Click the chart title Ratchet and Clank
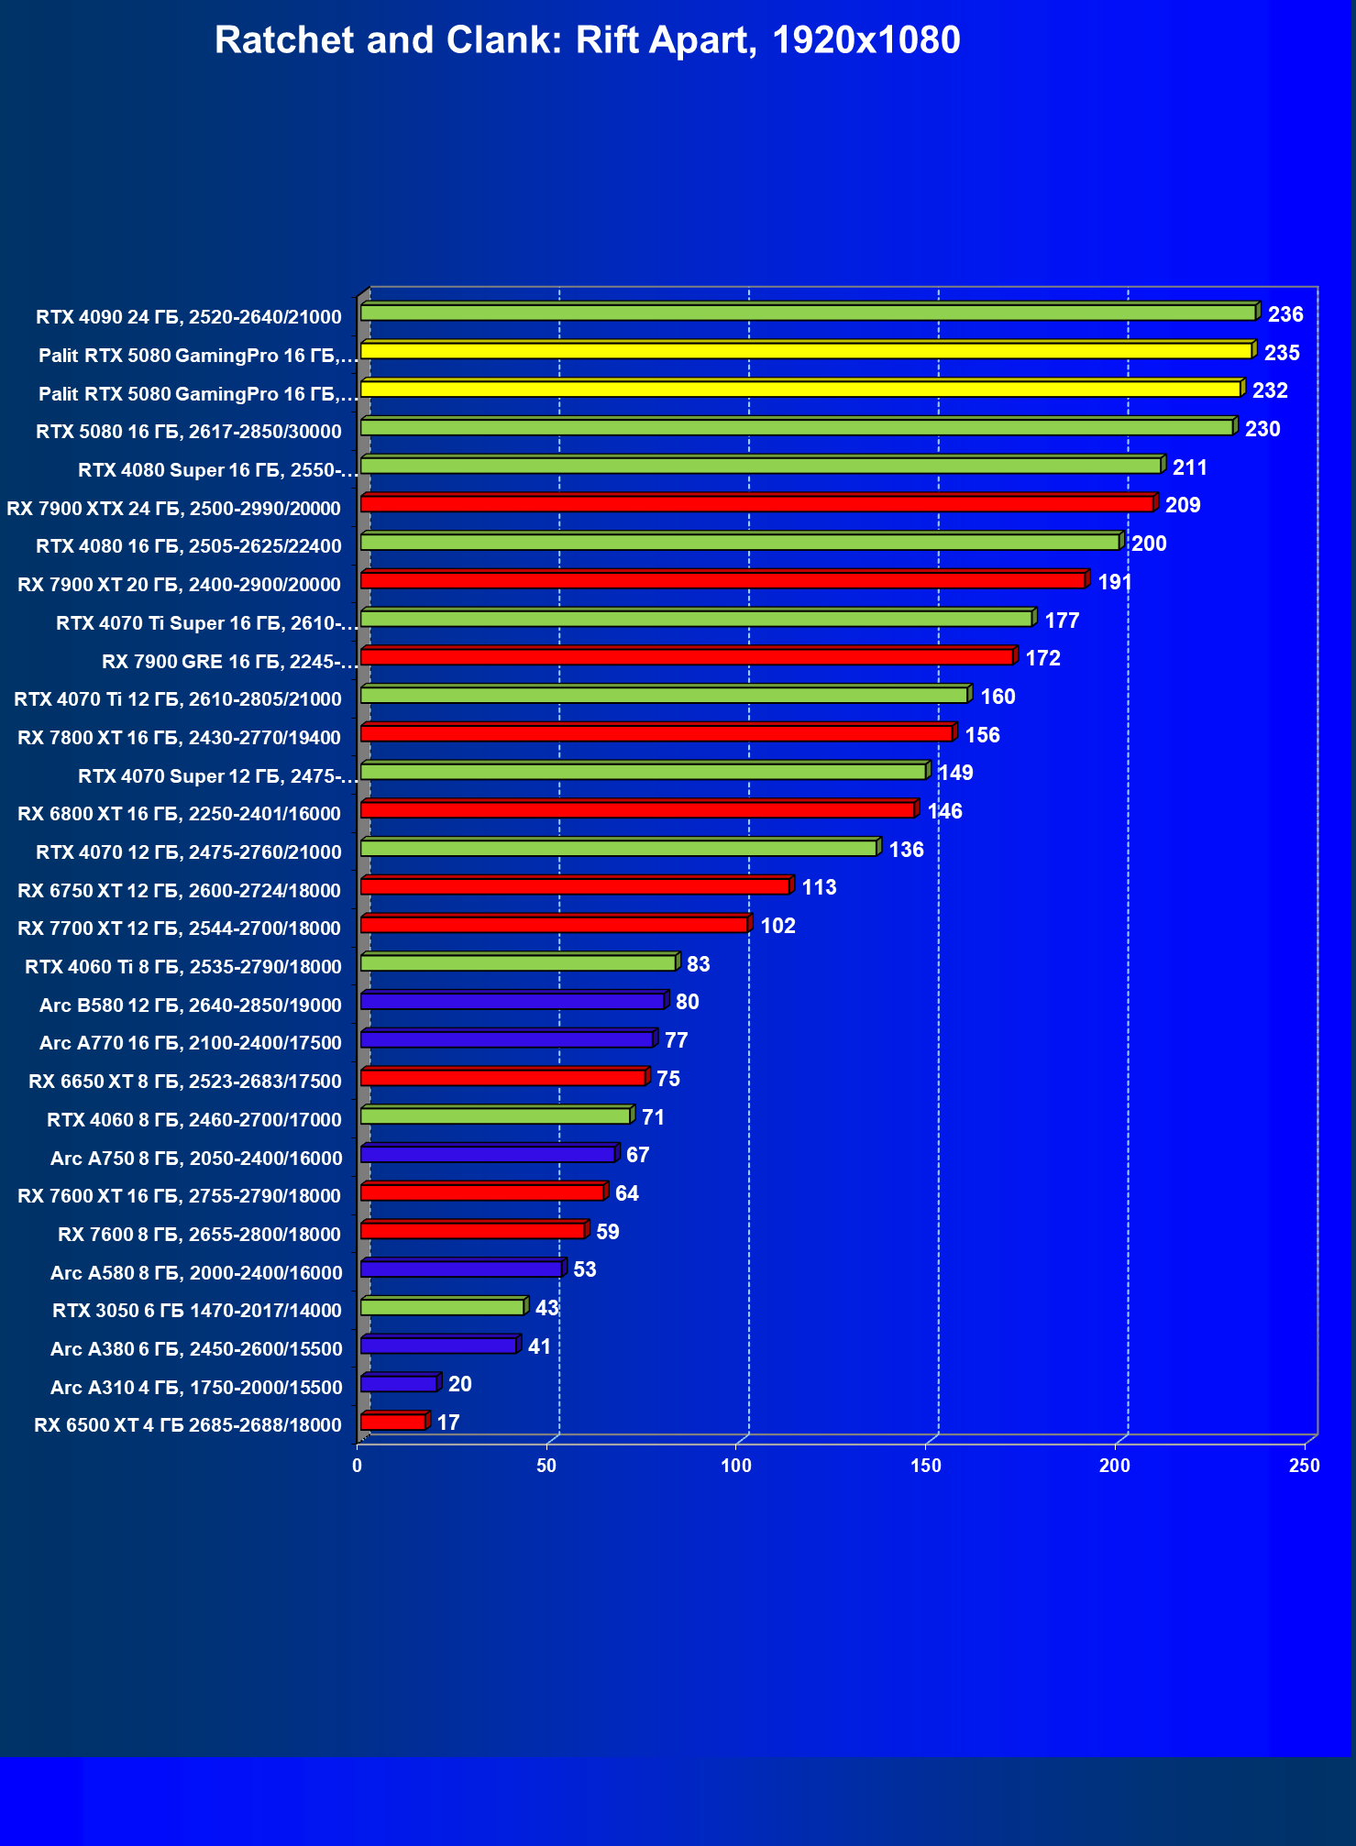click(587, 40)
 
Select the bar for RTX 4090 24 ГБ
click(807, 313)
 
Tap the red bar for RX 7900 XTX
click(756, 504)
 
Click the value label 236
click(1284, 314)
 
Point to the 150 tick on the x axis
click(925, 1466)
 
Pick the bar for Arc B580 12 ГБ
click(513, 1001)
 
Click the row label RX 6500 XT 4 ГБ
click(188, 1424)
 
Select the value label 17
click(448, 1423)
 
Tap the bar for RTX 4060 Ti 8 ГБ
click(518, 962)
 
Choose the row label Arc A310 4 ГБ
click(196, 1387)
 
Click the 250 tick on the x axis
click(1304, 1466)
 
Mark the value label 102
click(777, 926)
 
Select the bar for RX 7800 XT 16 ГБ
click(656, 733)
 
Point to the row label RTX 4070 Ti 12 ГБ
click(178, 699)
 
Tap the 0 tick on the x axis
click(358, 1466)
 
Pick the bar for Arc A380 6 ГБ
click(438, 1346)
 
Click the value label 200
click(1149, 544)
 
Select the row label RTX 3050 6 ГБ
click(197, 1310)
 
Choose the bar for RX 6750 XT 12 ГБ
click(575, 886)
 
